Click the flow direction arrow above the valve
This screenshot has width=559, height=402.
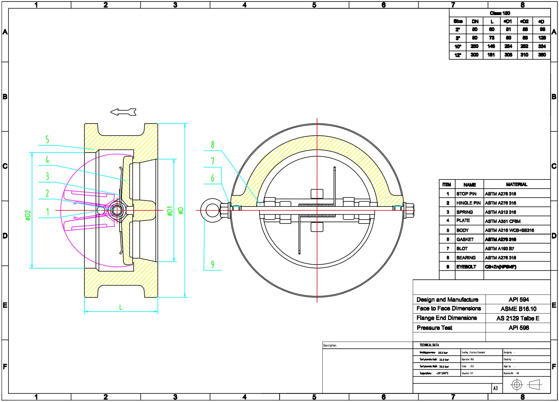123,112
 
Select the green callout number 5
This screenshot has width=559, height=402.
47,140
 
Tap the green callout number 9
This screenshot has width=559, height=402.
213,265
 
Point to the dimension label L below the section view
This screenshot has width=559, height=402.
121,308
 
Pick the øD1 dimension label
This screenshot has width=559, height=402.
170,211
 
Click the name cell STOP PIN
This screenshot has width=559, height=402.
466,194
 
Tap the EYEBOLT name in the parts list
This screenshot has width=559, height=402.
466,267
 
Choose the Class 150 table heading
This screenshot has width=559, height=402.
500,13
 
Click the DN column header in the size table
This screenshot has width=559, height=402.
475,21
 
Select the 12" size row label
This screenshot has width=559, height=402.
458,55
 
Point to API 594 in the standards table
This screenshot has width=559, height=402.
518,300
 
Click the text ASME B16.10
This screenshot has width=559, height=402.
518,309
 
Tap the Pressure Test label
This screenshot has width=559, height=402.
434,328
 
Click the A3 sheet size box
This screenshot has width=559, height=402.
495,388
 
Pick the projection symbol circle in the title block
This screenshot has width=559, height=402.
517,385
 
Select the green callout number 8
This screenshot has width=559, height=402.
213,145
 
